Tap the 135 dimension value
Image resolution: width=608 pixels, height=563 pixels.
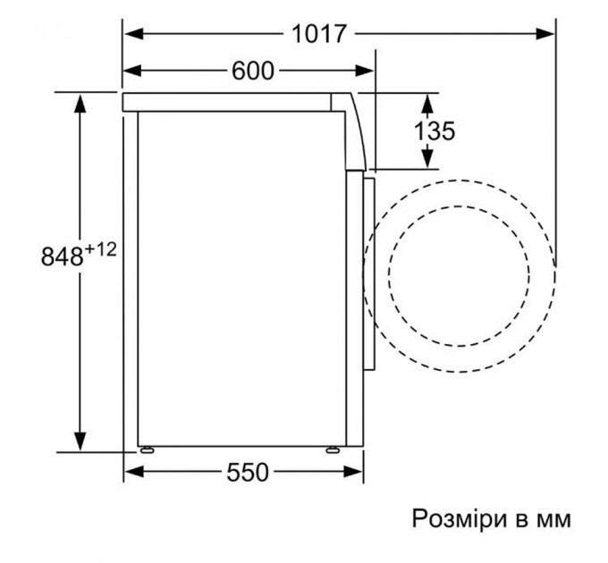[434, 130]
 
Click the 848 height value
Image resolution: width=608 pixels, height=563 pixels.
[63, 256]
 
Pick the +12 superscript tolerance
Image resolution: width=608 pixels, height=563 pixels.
[102, 249]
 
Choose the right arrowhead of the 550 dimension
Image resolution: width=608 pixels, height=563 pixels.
[357, 474]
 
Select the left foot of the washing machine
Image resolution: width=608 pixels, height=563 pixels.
[145, 450]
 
